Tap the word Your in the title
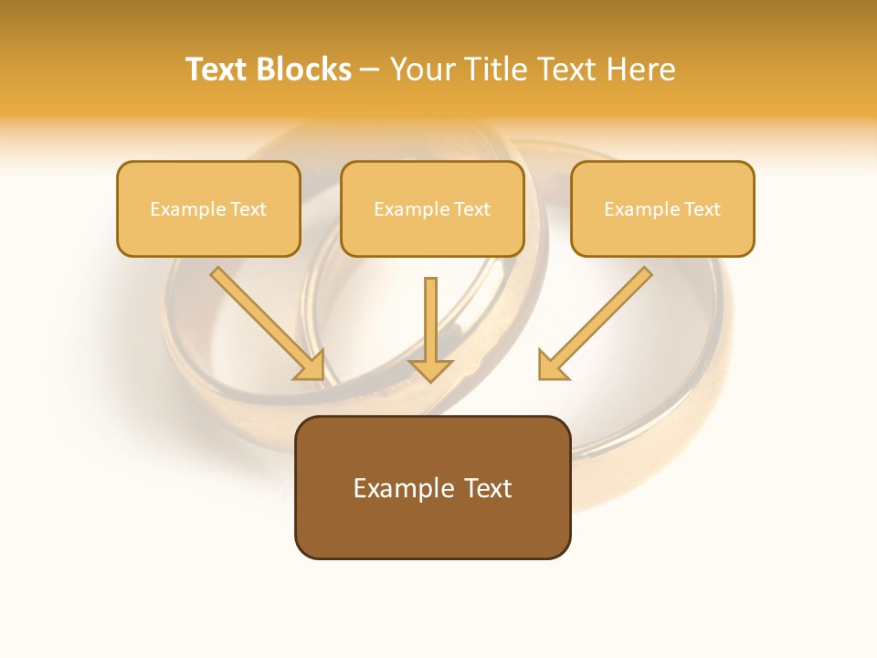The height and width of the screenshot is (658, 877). pos(424,69)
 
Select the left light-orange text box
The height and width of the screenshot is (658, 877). pos(208,208)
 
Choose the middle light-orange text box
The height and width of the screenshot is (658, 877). pos(432,208)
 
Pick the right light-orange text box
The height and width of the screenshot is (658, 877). pos(662,208)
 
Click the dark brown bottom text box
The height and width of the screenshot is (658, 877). pos(432,487)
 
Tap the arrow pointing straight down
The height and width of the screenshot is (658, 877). pos(430,329)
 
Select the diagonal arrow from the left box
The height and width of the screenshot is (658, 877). pos(268,324)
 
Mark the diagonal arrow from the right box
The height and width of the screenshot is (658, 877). pos(596,324)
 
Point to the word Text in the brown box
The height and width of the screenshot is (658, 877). pos(489,488)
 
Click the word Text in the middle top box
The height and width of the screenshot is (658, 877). pos(471,209)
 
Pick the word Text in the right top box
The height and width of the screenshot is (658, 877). pos(702,209)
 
